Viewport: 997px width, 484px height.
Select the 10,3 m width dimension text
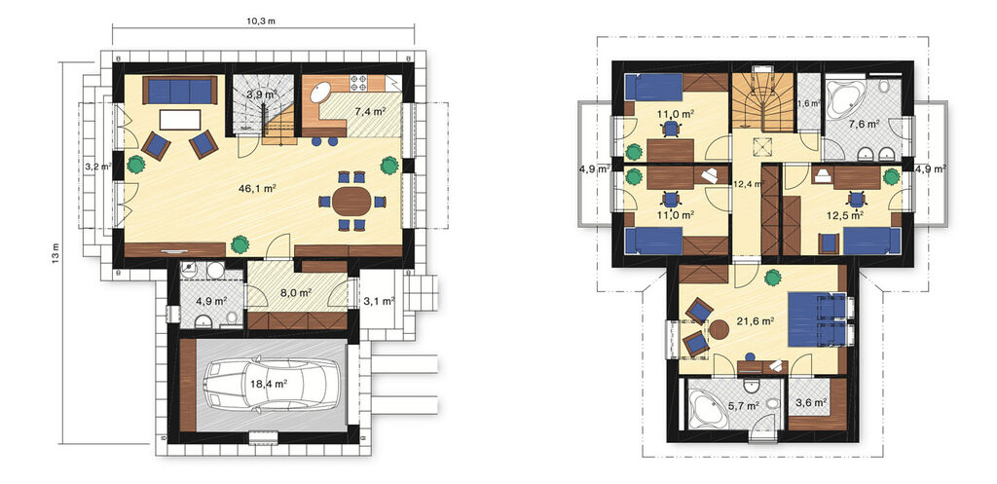[x=263, y=21]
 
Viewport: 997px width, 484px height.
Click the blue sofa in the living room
[x=180, y=91]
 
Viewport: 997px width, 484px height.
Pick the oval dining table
[x=351, y=202]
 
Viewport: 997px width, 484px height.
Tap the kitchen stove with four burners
[x=359, y=83]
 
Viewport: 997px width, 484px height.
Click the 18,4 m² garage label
[x=271, y=383]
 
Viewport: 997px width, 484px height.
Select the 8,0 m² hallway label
[x=296, y=293]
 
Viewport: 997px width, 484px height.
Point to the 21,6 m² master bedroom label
[x=756, y=321]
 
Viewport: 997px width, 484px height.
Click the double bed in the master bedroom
[x=817, y=319]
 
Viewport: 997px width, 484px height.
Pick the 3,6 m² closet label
[x=811, y=402]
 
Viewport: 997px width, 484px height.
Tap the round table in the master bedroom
[x=720, y=329]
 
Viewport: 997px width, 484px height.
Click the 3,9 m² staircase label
[x=261, y=94]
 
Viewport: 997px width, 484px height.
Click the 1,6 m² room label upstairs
[x=809, y=101]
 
